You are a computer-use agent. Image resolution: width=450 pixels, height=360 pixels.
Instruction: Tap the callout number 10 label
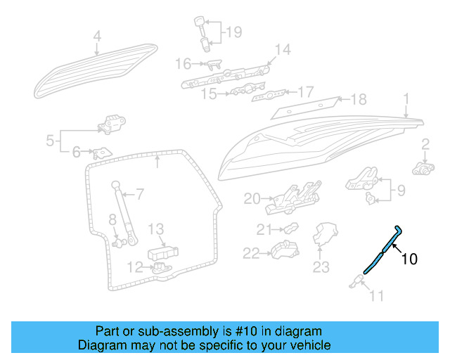(x=409, y=259)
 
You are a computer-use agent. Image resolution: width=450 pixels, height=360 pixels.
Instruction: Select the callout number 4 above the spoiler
(x=97, y=36)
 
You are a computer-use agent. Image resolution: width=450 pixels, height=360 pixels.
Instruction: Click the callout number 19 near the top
(x=233, y=32)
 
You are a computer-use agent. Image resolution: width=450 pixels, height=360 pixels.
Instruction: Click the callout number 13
(x=155, y=229)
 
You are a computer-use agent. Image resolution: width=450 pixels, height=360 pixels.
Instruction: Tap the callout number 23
(x=321, y=266)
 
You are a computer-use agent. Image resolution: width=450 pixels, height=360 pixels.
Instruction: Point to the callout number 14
(x=282, y=49)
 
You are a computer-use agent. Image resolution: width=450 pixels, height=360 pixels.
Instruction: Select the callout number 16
(x=182, y=64)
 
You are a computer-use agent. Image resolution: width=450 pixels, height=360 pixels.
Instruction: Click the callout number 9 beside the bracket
(x=401, y=190)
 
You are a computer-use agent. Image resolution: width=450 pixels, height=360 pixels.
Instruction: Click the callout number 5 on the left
(x=50, y=141)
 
